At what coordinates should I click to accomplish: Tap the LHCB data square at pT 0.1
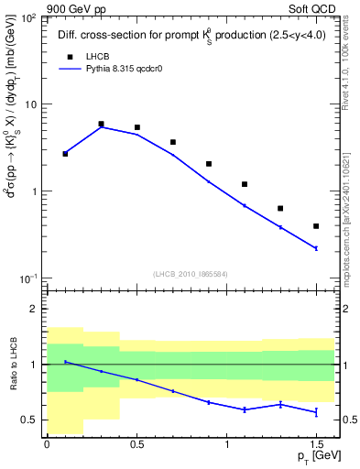(65, 154)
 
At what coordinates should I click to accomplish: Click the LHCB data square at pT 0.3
(101, 124)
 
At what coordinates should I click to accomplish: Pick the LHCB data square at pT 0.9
(209, 164)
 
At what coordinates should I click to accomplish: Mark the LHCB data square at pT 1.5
(316, 226)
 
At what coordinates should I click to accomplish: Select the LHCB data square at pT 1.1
(245, 184)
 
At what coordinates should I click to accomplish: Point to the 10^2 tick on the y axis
(27, 19)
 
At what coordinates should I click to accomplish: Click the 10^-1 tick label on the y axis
(27, 278)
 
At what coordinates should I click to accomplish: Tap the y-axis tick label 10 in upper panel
(30, 105)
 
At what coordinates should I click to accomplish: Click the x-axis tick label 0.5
(136, 444)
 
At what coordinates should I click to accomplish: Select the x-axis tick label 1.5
(316, 444)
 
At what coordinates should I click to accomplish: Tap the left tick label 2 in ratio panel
(35, 310)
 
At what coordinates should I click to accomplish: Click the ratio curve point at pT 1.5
(316, 412)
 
